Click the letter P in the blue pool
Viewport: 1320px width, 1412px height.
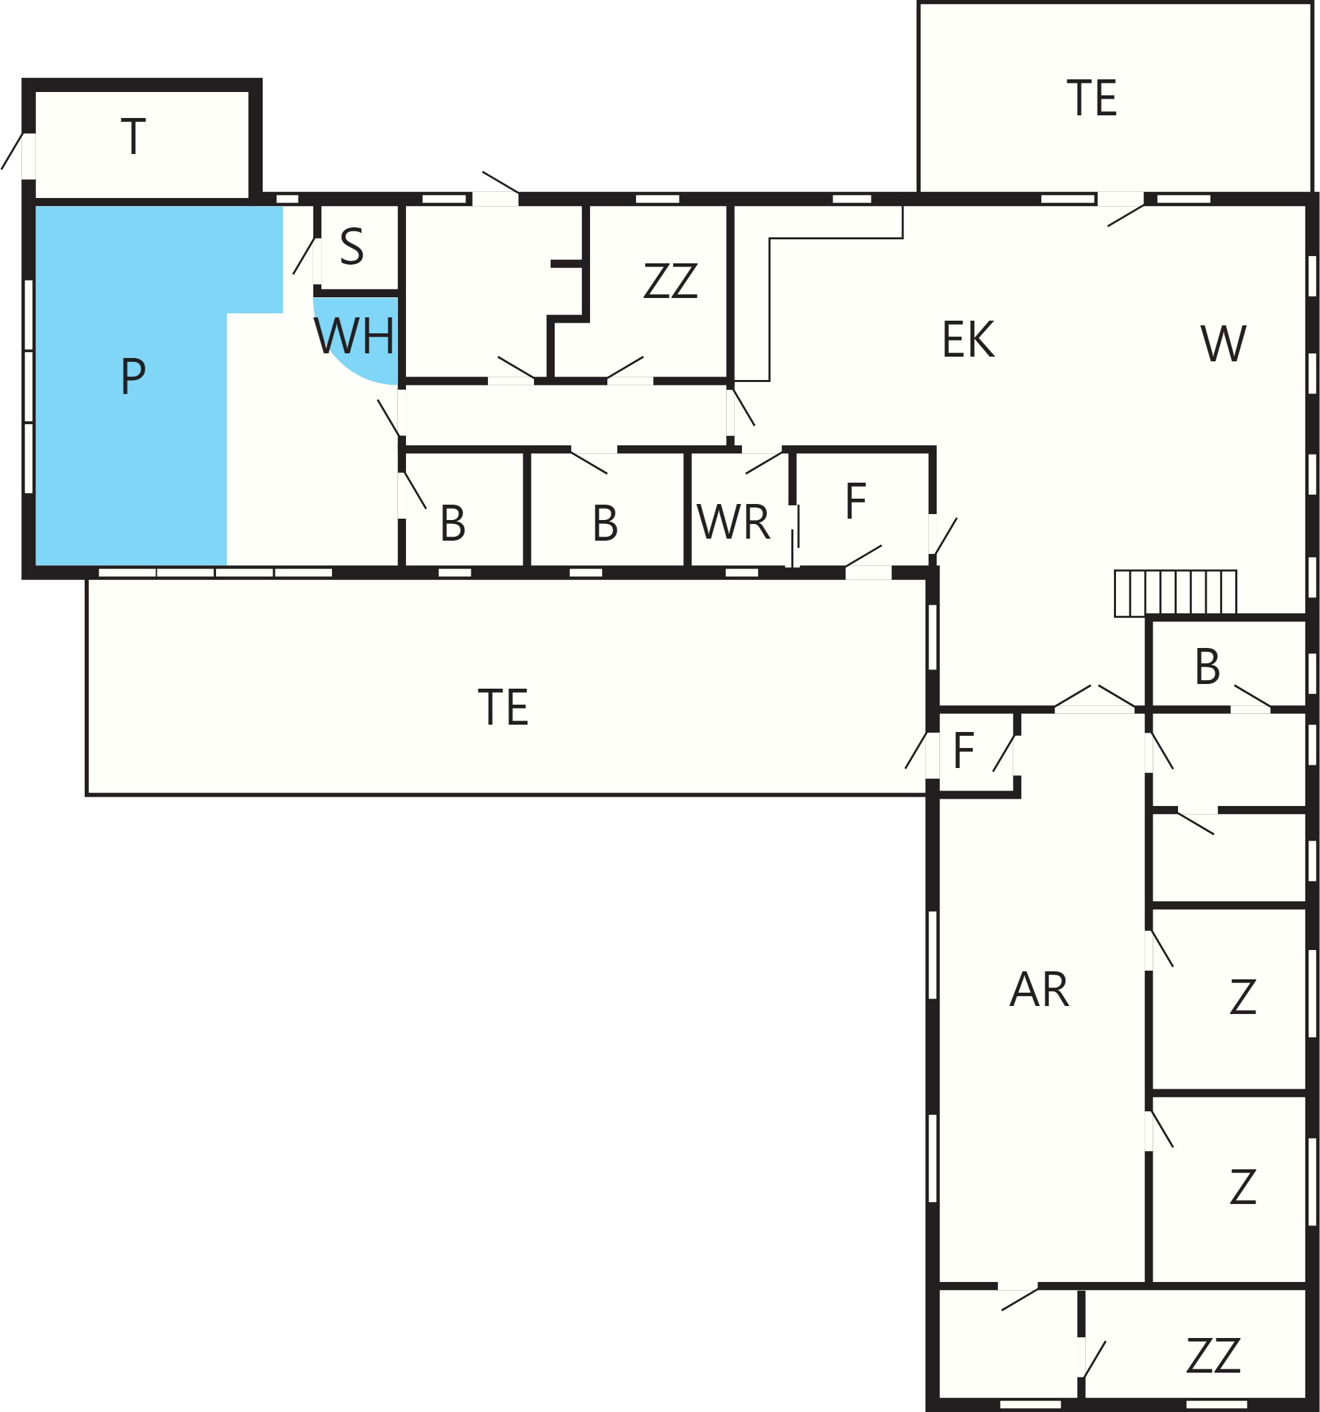coord(133,376)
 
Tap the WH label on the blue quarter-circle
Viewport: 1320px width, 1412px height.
coord(354,336)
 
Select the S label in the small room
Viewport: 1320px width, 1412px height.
coord(352,247)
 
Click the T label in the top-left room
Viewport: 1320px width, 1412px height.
coord(133,137)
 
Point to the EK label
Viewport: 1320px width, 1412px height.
coord(967,339)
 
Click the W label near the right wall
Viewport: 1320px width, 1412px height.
coord(1223,344)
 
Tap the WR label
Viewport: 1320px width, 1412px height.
coord(733,522)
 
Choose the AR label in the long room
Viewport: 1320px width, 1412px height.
coord(1039,989)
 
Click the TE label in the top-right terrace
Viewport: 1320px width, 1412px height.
coord(1092,98)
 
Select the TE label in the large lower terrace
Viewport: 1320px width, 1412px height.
coord(503,707)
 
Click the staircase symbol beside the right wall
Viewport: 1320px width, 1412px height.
coord(1175,593)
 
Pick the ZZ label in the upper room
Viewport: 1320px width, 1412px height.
coord(671,281)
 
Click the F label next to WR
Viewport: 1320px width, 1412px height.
coord(856,501)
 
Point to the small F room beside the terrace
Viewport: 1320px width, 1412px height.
coord(976,751)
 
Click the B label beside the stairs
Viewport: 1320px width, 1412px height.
coord(1208,666)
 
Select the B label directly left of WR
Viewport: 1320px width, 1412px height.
coord(605,523)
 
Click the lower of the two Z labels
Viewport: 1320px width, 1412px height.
coord(1243,1187)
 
